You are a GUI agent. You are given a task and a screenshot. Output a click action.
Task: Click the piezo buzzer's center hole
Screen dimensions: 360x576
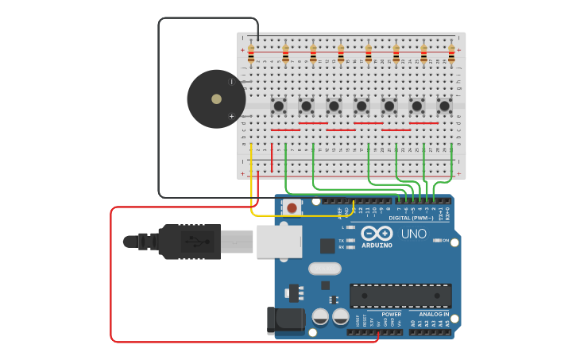coord(216,99)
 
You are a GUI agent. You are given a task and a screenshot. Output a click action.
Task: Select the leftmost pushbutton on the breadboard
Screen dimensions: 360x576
coord(278,105)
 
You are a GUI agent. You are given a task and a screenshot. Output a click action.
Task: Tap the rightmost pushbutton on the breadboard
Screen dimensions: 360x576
coord(445,105)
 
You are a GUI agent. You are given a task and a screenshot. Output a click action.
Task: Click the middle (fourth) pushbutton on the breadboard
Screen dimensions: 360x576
coord(361,105)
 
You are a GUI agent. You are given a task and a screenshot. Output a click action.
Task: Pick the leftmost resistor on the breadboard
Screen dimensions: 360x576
coord(251,54)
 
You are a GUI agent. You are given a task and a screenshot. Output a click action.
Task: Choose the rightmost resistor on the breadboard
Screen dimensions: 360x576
coord(451,54)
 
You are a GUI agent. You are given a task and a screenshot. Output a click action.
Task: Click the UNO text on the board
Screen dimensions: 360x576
coord(414,234)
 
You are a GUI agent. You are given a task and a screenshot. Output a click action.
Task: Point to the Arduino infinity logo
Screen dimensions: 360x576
coord(377,233)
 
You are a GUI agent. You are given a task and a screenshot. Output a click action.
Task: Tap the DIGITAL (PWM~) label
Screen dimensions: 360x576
coord(411,218)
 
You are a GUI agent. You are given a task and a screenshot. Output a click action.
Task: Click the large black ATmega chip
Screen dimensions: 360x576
coord(400,296)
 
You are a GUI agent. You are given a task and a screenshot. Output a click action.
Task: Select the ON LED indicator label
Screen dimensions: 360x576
coord(445,240)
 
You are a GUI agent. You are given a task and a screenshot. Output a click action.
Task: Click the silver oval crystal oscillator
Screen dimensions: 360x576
coord(324,269)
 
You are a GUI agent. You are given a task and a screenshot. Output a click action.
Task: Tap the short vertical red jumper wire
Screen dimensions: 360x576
coord(272,156)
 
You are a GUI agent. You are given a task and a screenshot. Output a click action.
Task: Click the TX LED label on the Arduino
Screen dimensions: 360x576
coord(341,240)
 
